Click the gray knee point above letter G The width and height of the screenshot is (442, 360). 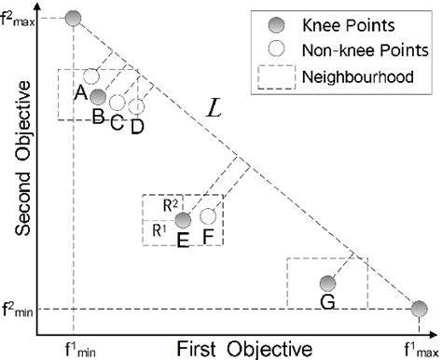click(x=326, y=284)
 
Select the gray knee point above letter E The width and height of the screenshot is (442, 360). click(x=184, y=220)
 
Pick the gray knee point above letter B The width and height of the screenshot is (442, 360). click(x=99, y=96)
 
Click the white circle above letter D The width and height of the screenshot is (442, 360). click(x=136, y=106)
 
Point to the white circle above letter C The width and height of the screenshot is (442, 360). click(x=117, y=102)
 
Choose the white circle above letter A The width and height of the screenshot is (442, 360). click(x=91, y=76)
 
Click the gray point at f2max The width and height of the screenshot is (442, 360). click(x=75, y=17)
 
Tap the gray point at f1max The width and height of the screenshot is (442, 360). click(x=420, y=309)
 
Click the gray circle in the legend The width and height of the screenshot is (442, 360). click(x=273, y=23)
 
